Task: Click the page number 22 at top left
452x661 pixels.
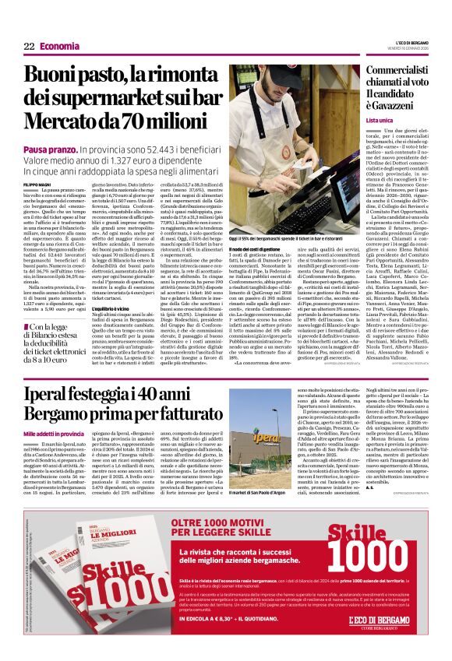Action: coord(29,46)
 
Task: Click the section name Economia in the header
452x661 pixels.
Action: coord(60,46)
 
